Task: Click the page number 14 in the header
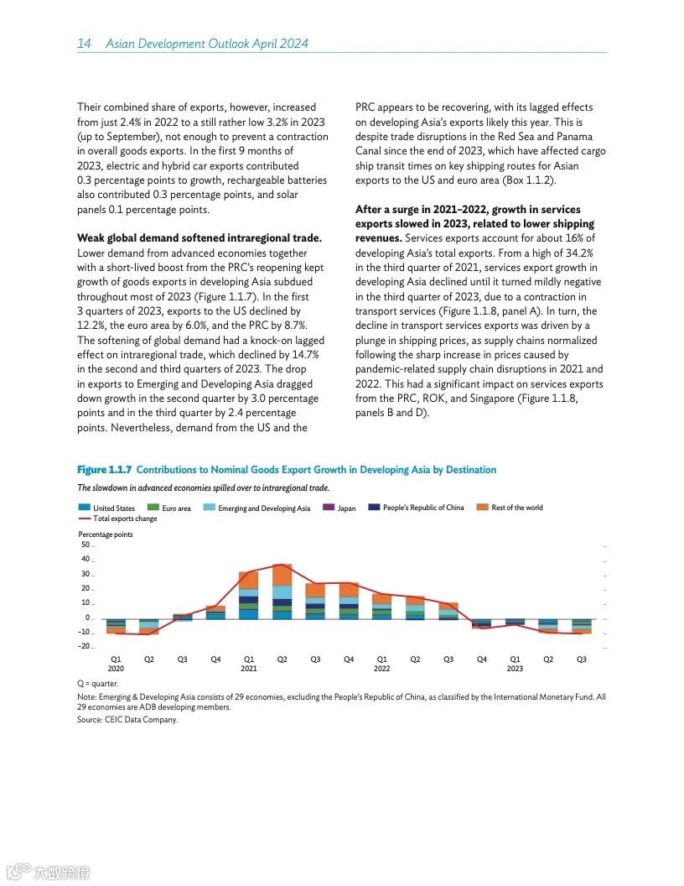point(84,44)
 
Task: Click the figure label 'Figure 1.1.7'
point(104,470)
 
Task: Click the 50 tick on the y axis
point(85,545)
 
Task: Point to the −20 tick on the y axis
point(85,646)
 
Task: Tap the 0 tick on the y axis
point(87,618)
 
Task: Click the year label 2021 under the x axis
point(248,669)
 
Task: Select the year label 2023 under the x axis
point(515,669)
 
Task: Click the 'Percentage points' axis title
point(106,534)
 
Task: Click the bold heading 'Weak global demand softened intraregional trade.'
point(199,238)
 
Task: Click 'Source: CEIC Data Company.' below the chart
point(127,719)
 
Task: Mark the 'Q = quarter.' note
point(97,684)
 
